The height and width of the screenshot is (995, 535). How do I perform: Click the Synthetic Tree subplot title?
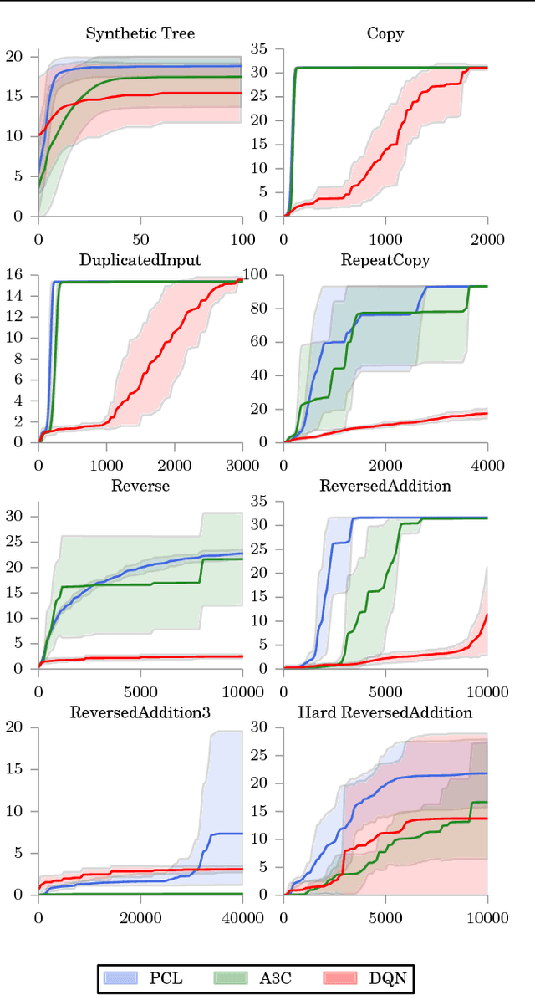[140, 34]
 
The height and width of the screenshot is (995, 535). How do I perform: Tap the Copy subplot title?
[385, 34]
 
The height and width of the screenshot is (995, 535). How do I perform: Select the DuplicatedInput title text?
[140, 260]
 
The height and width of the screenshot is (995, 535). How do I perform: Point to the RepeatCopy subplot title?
[385, 260]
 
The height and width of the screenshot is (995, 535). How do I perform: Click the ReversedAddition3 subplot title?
[140, 712]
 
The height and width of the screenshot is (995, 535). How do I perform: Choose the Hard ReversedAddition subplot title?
[385, 712]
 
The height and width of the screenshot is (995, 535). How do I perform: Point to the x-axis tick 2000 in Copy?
[487, 240]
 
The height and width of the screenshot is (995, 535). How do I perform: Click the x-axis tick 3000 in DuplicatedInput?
[242, 466]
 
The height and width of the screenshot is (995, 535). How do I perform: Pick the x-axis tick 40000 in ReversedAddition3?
[242, 918]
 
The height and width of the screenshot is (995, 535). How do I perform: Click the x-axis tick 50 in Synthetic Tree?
[140, 240]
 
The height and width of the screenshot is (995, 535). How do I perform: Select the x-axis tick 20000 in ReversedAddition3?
[140, 918]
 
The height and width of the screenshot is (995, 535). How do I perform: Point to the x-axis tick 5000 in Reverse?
[140, 692]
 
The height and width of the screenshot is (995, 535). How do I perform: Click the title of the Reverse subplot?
[140, 487]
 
